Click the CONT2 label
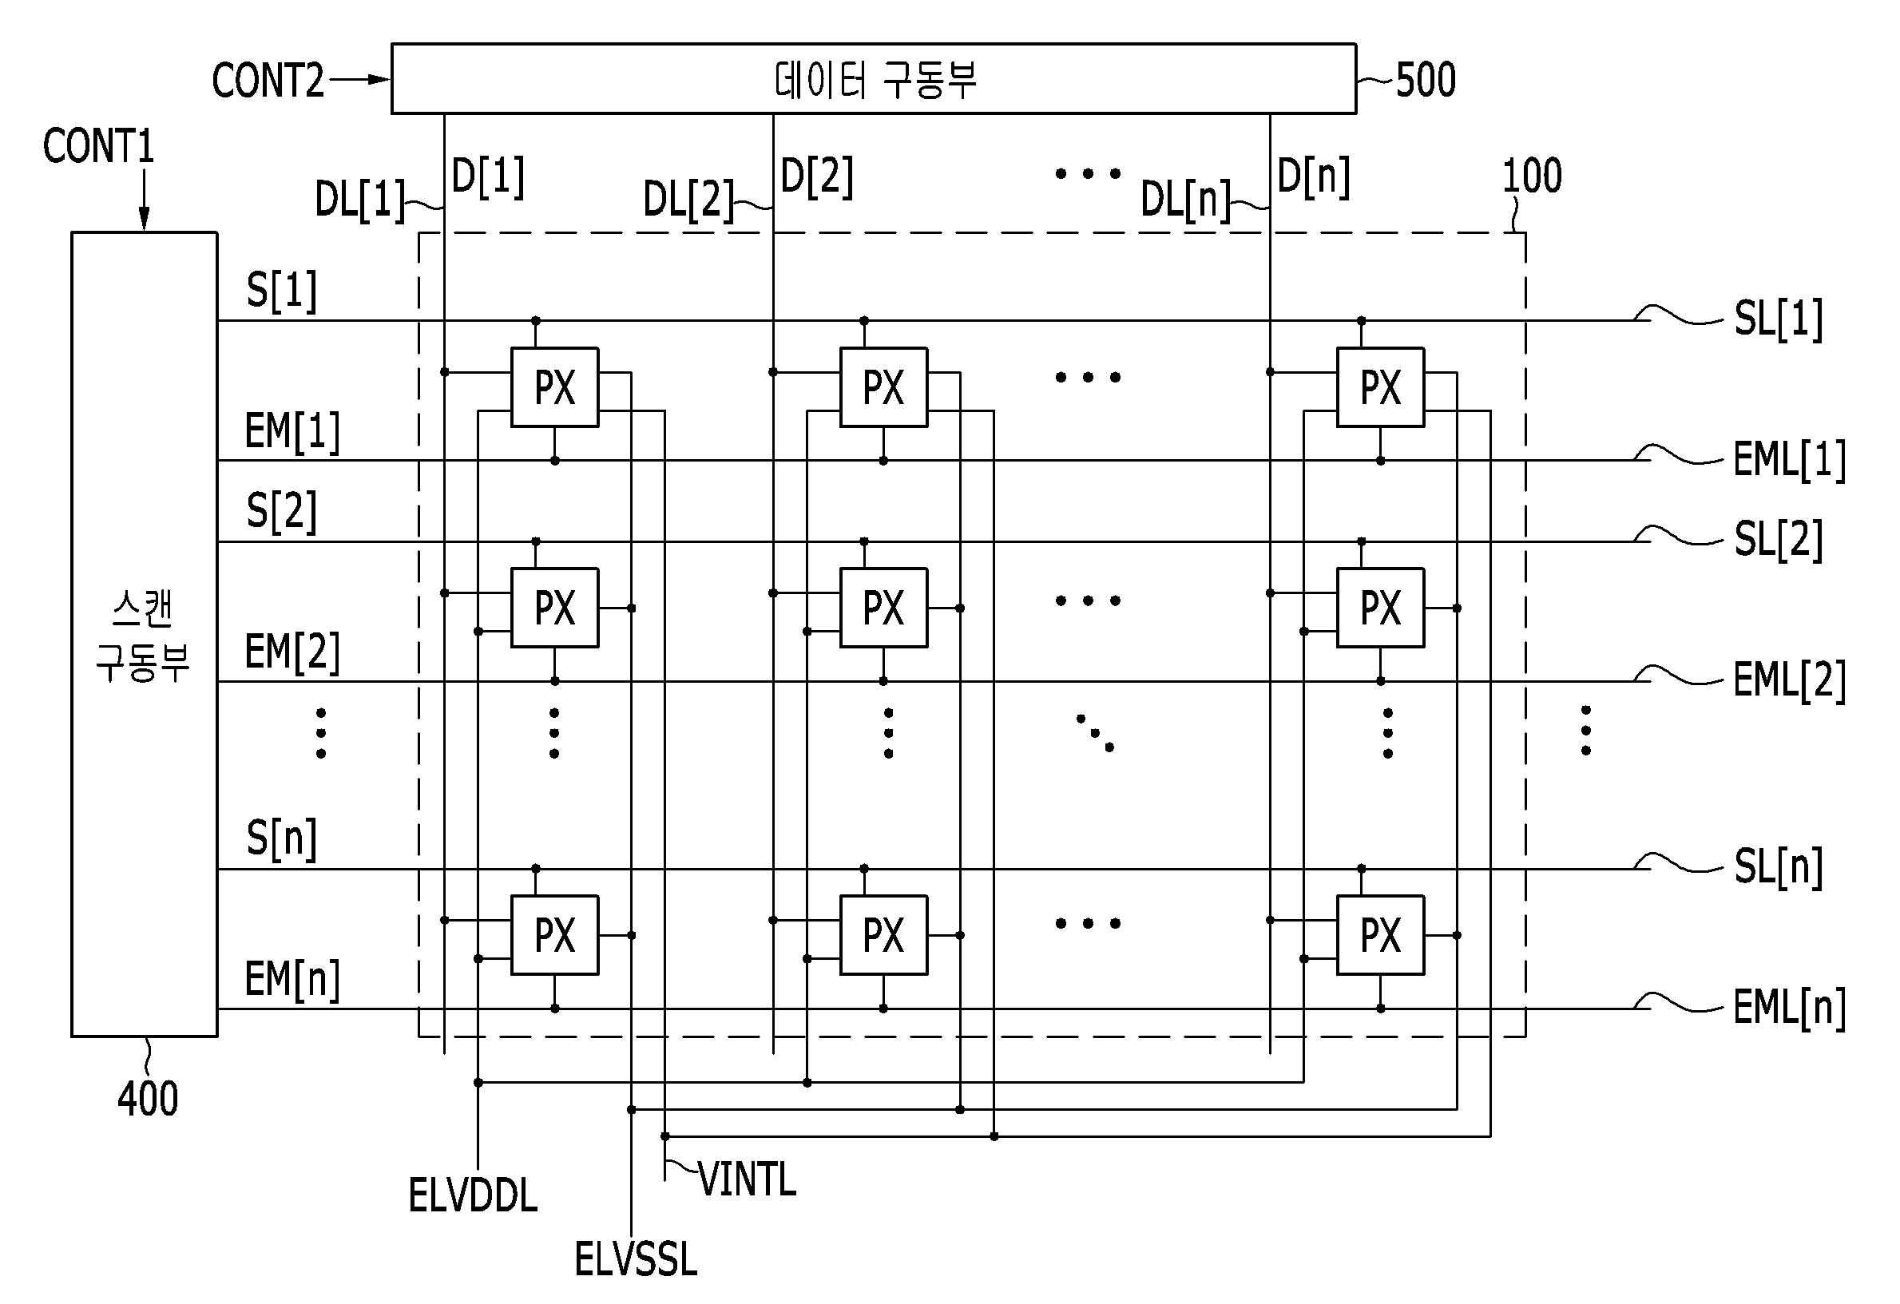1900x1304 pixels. click(x=268, y=80)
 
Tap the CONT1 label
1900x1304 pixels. click(x=98, y=146)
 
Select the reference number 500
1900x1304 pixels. click(x=1426, y=80)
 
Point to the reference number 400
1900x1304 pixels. click(x=148, y=1098)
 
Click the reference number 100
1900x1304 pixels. click(x=1532, y=175)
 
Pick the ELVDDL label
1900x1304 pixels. click(x=473, y=1196)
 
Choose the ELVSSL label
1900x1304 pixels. click(x=636, y=1259)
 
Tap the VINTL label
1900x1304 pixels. click(x=748, y=1179)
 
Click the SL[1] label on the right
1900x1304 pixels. click(x=1778, y=319)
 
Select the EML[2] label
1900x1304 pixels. click(x=1790, y=680)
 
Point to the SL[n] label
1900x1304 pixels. click(x=1778, y=866)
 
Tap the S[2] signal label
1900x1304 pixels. click(x=281, y=512)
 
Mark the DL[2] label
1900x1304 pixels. click(x=688, y=200)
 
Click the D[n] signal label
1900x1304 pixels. click(x=1313, y=176)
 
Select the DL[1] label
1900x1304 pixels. click(x=360, y=200)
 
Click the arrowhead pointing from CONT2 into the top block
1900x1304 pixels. click(x=380, y=79)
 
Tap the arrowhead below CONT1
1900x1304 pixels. click(x=144, y=219)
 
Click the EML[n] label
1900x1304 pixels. click(x=1790, y=1007)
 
